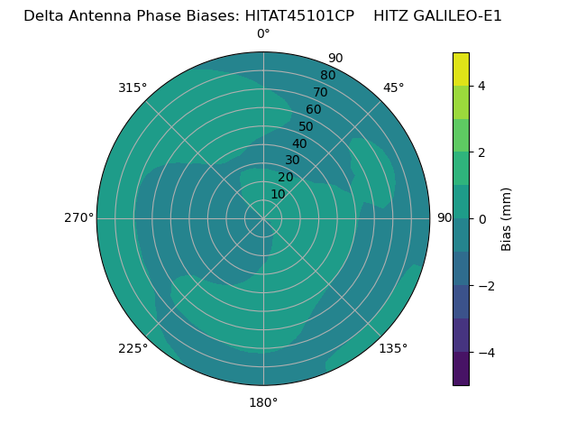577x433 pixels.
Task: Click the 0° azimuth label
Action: (x=263, y=34)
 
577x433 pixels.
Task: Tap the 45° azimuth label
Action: (x=393, y=88)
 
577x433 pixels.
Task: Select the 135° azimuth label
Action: (x=393, y=348)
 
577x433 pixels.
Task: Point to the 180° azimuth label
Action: (x=263, y=402)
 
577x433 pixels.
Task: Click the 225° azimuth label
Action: (x=133, y=348)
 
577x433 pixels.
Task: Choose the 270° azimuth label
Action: (x=78, y=217)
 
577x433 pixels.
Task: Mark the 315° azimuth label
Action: (x=133, y=88)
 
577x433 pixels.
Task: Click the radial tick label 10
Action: (x=278, y=194)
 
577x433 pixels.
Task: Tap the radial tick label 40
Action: (x=299, y=143)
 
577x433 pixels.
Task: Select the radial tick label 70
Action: (x=321, y=92)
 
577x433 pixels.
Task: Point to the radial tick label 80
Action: (x=328, y=75)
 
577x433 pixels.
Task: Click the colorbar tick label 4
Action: (x=481, y=86)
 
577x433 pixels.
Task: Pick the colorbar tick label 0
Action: (x=481, y=218)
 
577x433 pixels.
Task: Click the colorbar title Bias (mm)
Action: (x=507, y=218)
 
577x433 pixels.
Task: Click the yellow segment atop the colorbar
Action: (x=461, y=69)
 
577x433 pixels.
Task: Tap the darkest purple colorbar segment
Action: (x=461, y=368)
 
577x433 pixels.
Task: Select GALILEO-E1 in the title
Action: (x=458, y=16)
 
